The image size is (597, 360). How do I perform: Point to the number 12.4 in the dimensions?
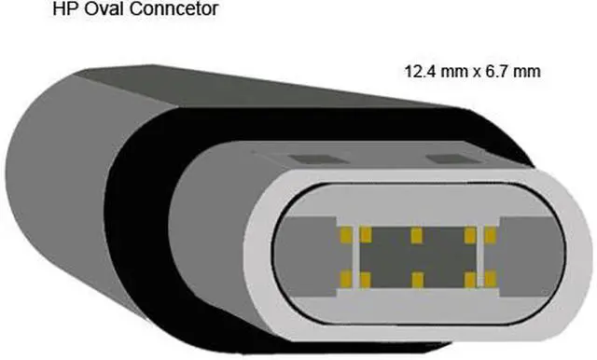tap(417, 71)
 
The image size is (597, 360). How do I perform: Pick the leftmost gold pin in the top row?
tap(346, 232)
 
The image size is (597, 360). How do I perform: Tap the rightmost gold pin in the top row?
tap(487, 232)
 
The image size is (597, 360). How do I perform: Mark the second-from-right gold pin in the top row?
tap(466, 232)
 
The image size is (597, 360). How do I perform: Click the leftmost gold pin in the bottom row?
tap(346, 277)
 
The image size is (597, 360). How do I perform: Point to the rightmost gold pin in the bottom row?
tap(487, 277)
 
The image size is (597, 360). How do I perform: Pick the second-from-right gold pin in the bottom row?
tap(466, 277)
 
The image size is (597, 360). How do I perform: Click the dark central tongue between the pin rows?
tap(416, 255)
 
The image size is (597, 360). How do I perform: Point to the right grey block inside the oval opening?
tap(528, 254)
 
